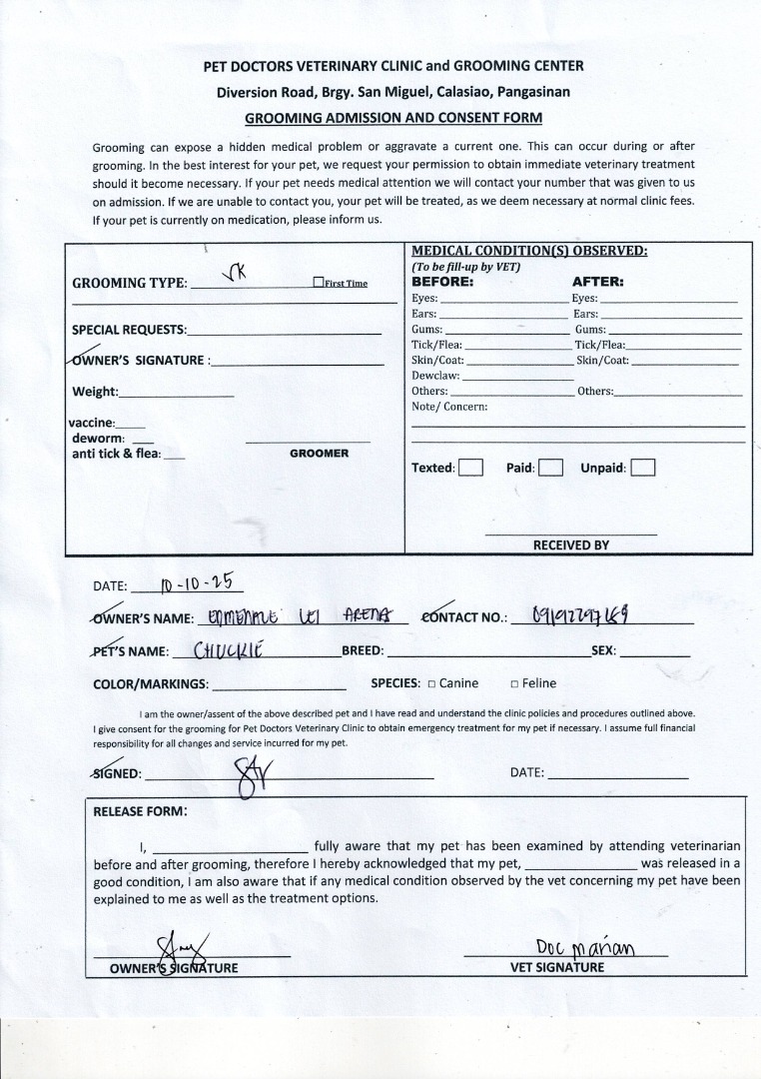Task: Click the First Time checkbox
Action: tap(318, 283)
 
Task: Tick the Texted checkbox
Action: tap(470, 468)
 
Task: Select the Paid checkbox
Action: tap(550, 468)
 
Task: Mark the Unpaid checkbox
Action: tap(643, 468)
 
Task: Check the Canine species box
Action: tap(431, 684)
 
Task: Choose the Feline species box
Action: tap(514, 684)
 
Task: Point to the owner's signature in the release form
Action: tap(180, 945)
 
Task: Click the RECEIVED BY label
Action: tap(570, 545)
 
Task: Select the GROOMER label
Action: tap(319, 454)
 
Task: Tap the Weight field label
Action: tap(95, 392)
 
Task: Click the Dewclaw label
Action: tap(435, 376)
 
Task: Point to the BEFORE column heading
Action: tap(442, 282)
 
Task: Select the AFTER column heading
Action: tap(597, 282)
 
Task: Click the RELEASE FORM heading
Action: tap(139, 811)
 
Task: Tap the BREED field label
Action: tap(363, 650)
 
